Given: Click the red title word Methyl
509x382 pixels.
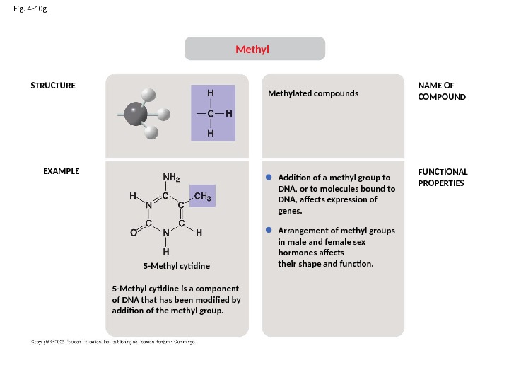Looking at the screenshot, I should (253, 50).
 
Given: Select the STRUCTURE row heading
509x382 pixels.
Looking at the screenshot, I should (52, 86).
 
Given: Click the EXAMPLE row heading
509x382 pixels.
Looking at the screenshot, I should (62, 171).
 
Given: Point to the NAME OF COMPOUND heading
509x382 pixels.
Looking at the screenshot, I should (442, 91).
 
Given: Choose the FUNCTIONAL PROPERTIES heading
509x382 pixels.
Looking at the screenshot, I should (443, 177).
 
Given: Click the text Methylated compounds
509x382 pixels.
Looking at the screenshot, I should (313, 93).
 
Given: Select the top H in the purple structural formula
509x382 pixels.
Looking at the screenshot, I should (210, 93).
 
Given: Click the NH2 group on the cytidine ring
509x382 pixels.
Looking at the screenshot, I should (171, 178).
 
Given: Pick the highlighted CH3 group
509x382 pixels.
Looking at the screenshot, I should (204, 196).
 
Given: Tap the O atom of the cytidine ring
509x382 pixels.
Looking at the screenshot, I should (133, 232).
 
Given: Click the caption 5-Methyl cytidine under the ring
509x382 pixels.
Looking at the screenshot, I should (177, 266).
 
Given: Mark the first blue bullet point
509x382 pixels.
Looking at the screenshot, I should (269, 177).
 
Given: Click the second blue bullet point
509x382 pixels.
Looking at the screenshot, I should (269, 231).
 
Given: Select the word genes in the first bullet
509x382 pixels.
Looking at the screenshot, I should (290, 211).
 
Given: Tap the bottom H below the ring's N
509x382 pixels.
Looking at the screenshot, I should (165, 250).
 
